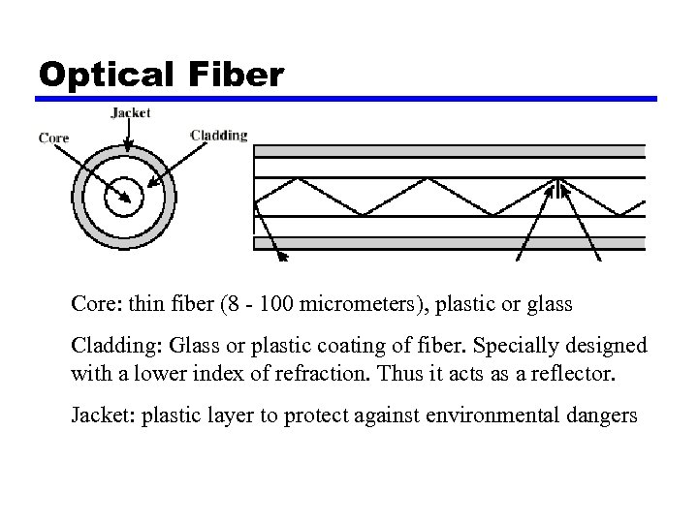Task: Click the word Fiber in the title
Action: click(x=238, y=74)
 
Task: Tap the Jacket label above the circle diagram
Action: click(x=131, y=112)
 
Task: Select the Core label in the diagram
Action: click(x=53, y=138)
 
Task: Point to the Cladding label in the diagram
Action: click(x=219, y=135)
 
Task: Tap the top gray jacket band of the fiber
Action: click(x=449, y=151)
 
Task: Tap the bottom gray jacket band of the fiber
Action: click(x=449, y=243)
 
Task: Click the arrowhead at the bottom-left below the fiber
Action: click(x=284, y=258)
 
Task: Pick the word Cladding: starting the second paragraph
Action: click(x=116, y=347)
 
